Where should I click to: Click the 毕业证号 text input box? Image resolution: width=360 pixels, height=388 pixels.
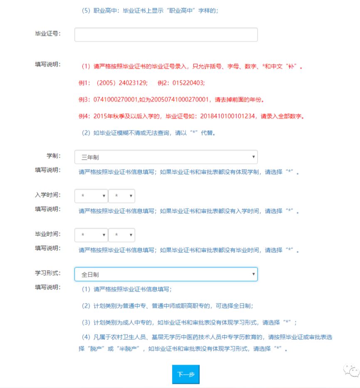click(166, 35)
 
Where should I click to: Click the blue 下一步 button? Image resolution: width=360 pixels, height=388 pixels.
click(186, 374)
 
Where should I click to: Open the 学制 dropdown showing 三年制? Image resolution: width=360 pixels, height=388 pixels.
click(166, 157)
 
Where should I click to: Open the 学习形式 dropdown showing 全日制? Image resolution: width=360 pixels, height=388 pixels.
click(166, 274)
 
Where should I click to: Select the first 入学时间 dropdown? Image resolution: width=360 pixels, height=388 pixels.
click(91, 196)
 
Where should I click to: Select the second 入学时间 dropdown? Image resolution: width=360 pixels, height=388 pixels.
click(121, 196)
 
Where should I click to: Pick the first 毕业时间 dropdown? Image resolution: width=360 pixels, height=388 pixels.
click(91, 235)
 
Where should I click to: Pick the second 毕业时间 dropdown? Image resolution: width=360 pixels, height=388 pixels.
click(121, 235)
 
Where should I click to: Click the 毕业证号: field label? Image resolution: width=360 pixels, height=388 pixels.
click(48, 34)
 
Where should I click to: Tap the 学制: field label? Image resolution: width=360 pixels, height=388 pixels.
click(54, 156)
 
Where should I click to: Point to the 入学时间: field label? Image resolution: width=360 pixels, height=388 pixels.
click(48, 195)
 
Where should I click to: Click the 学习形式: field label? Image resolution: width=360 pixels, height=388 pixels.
click(48, 273)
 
